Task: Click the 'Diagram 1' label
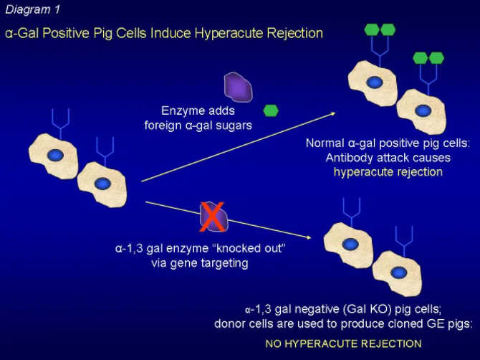click(33, 9)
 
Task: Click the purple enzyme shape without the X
click(238, 87)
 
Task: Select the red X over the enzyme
click(212, 217)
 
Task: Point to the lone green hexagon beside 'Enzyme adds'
click(271, 110)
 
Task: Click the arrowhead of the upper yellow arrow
click(333, 114)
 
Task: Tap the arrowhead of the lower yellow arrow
click(308, 237)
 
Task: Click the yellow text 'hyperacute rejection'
click(388, 172)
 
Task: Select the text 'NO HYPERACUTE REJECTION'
click(343, 344)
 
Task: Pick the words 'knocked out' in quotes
click(246, 248)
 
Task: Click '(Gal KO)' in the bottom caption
click(368, 309)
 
